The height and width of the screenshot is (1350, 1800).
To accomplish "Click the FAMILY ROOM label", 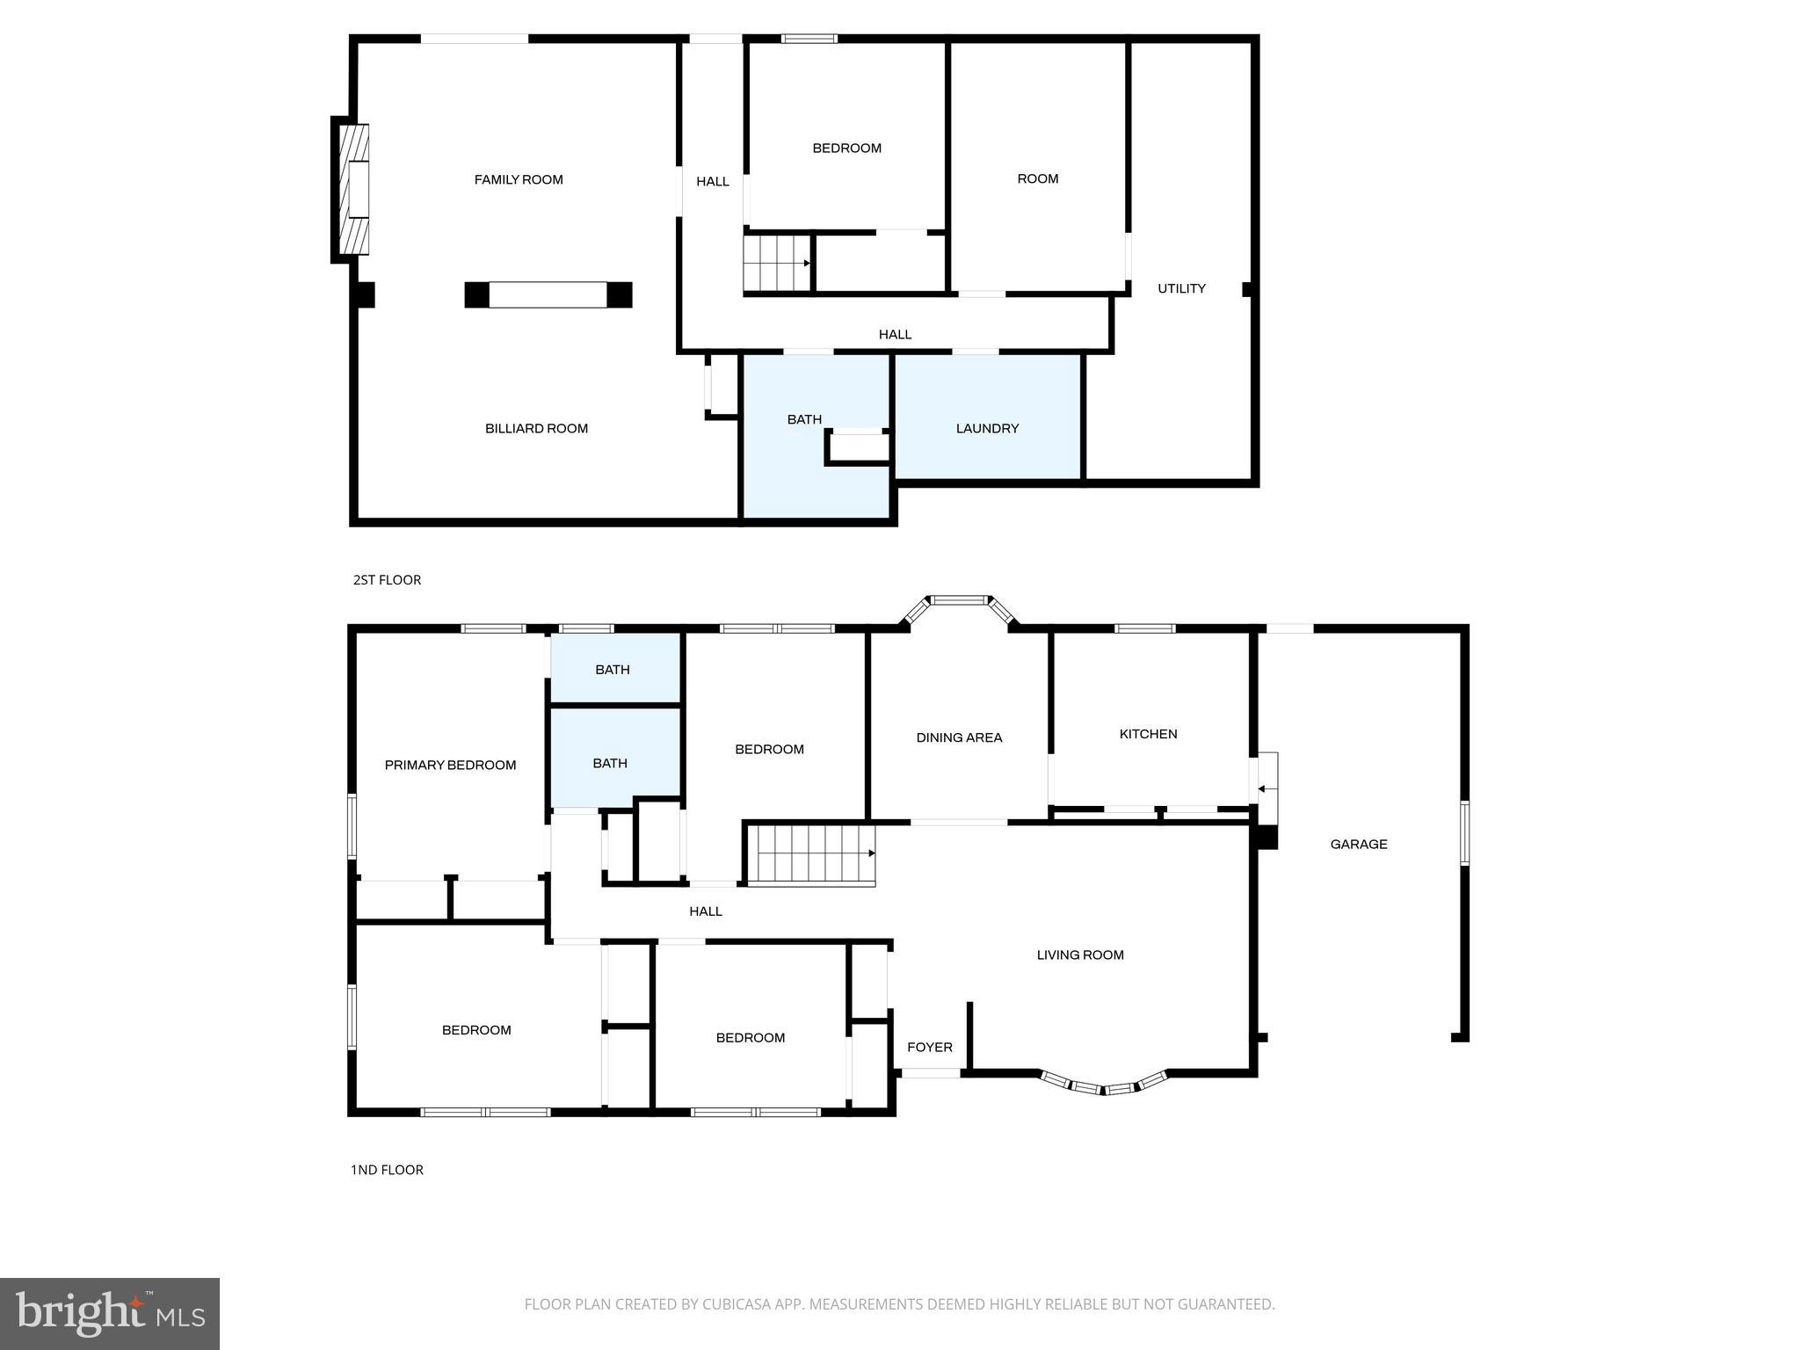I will click(519, 180).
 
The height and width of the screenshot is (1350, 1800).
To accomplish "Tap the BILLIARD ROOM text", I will click(536, 429).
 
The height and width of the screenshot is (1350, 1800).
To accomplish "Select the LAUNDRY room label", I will click(987, 429).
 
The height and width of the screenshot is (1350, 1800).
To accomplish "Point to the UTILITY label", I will click(1181, 289).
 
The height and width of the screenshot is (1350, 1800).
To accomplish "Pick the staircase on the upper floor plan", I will click(777, 263).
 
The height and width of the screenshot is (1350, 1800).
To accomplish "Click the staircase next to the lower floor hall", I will click(810, 854).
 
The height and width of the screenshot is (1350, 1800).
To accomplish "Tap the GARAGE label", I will click(1358, 845).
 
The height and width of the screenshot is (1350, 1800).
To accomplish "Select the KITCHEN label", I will click(1148, 734).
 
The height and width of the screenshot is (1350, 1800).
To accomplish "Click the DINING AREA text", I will click(959, 738).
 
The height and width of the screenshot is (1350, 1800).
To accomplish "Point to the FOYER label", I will click(929, 1048).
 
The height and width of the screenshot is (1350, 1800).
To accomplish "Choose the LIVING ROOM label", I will click(1079, 955).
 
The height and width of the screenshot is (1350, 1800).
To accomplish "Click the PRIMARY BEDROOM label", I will click(450, 766).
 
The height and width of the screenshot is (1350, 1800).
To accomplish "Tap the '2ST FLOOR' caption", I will click(387, 580).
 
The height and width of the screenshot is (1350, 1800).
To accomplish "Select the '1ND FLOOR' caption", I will click(387, 1170).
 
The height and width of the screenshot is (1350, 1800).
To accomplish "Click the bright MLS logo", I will click(110, 1314).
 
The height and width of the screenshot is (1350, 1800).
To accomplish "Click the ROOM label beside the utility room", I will click(1037, 179).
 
